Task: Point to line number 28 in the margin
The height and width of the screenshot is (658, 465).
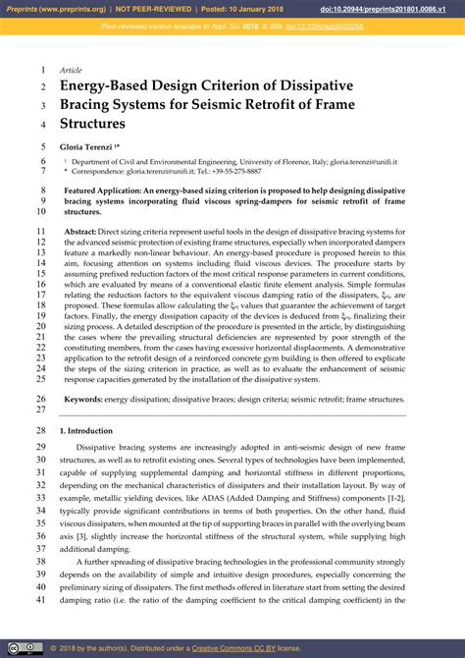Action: [41, 430]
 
